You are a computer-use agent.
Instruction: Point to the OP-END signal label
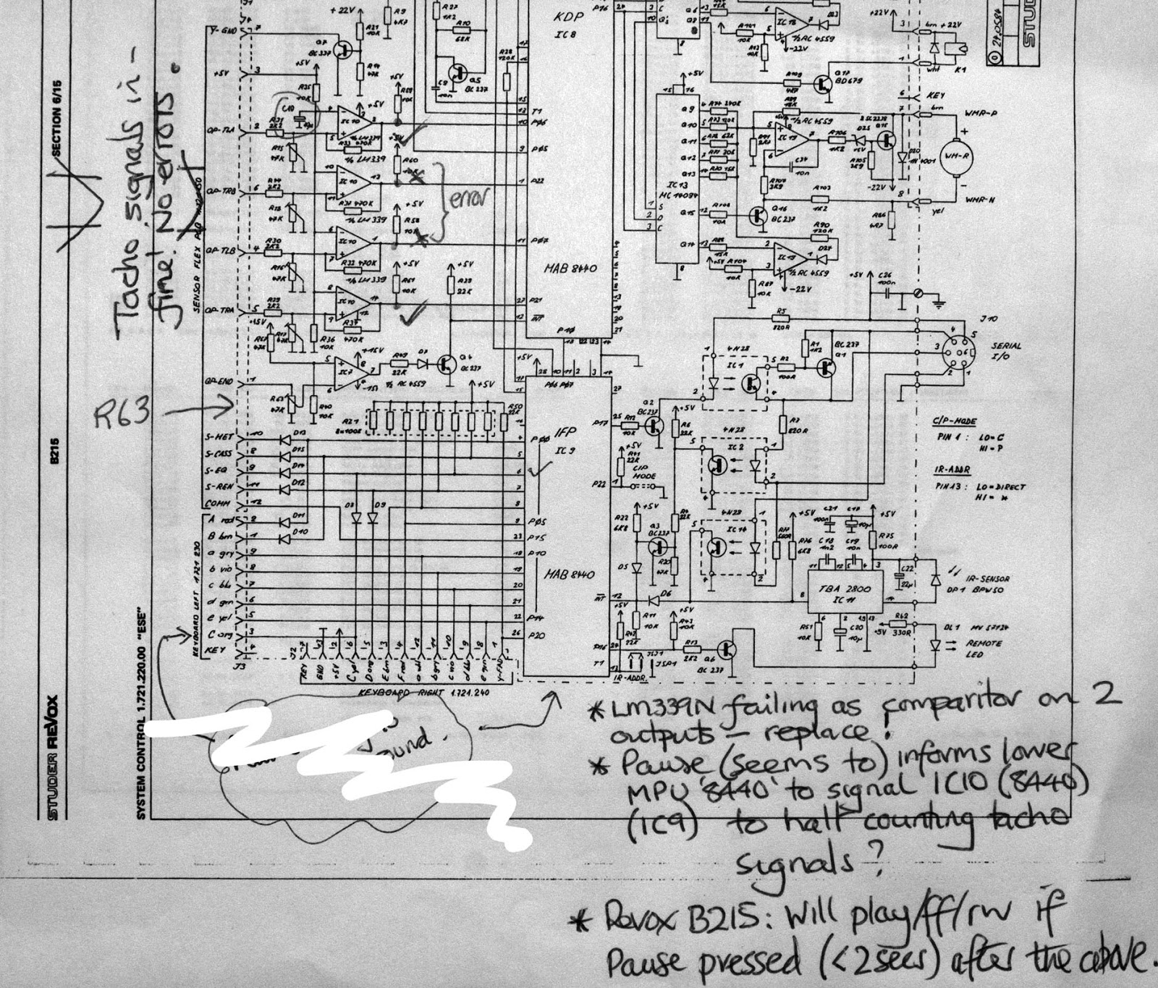219,380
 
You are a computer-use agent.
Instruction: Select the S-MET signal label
219,438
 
